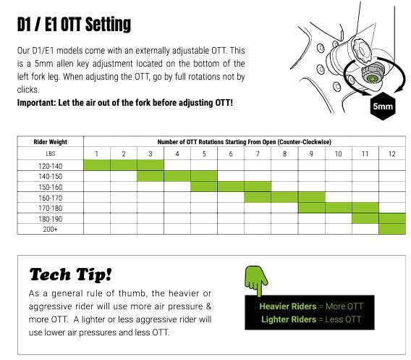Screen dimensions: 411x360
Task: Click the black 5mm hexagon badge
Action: pos(383,106)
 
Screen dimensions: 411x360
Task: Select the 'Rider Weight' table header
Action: pos(51,142)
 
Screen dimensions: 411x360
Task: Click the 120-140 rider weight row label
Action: pos(51,166)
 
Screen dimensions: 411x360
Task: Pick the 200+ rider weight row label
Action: pos(51,229)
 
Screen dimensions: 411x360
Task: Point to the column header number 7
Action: pos(258,154)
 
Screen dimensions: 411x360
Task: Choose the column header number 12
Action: pos(392,154)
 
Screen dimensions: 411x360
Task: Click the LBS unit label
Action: pos(51,154)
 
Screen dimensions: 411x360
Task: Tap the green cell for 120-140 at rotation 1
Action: pos(97,165)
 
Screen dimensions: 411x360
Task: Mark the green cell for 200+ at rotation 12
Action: pos(392,229)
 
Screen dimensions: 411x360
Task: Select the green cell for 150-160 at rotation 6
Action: pos(231,187)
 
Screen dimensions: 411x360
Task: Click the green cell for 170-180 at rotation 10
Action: pos(339,208)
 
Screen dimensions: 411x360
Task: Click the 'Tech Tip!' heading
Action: pos(71,275)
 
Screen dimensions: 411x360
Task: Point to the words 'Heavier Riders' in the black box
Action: pos(288,306)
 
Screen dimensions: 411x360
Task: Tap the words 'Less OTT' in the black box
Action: pos(343,319)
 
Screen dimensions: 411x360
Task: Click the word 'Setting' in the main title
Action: pos(109,25)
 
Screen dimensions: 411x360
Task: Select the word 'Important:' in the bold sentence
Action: pos(36,103)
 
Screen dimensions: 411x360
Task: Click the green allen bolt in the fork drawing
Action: pos(371,78)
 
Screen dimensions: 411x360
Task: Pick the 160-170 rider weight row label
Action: pos(51,198)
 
